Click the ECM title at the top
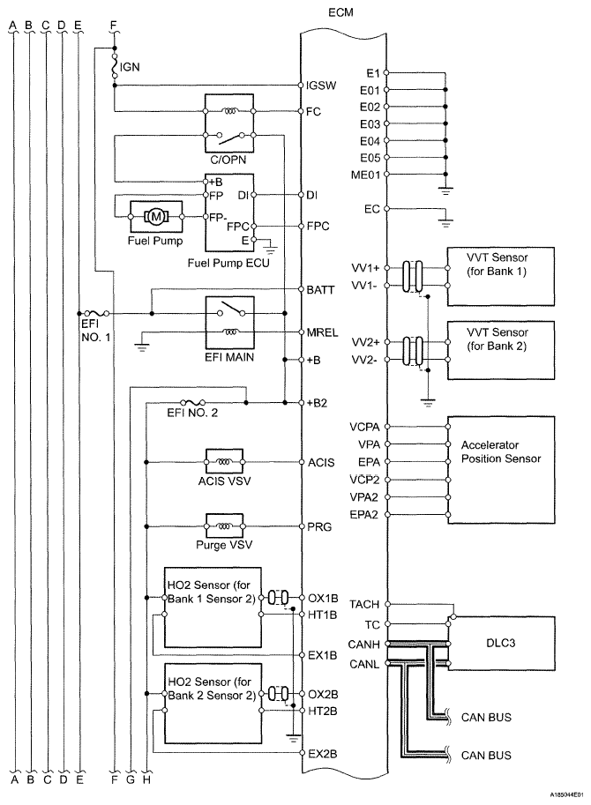[x=340, y=11]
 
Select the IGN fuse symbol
[x=115, y=67]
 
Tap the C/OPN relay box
[x=229, y=123]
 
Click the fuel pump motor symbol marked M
[x=156, y=216]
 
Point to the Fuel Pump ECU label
[x=228, y=263]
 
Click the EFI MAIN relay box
[x=229, y=322]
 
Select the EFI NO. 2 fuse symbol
[x=193, y=402]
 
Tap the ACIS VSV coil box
[x=224, y=461]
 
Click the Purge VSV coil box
[x=224, y=525]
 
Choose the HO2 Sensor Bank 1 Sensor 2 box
[x=212, y=607]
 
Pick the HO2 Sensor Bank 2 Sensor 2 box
[x=212, y=703]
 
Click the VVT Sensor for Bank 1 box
[x=501, y=277]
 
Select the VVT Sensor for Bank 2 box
[x=501, y=350]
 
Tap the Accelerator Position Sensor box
[x=501, y=470]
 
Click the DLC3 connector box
[x=502, y=644]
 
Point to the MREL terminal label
[x=322, y=332]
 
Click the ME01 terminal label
[x=365, y=175]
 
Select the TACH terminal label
[x=364, y=604]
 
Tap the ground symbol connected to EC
[x=445, y=223]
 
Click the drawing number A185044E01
[x=567, y=795]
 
